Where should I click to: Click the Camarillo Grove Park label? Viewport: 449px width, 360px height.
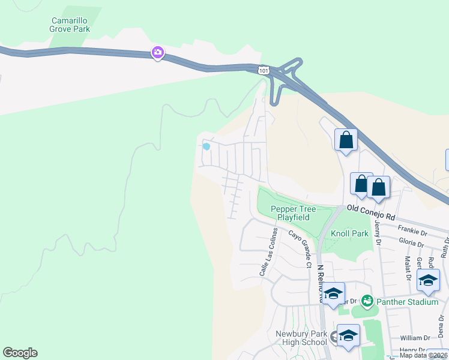pos(70,23)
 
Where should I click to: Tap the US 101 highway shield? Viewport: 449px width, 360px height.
pos(263,70)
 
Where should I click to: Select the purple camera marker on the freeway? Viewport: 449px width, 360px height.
pos(157,53)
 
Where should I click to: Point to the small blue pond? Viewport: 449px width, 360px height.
pos(206,146)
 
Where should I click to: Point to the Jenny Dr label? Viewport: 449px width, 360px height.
pos(378,230)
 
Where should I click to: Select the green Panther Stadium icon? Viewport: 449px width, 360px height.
pos(366,301)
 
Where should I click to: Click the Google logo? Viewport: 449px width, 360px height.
pos(20,353)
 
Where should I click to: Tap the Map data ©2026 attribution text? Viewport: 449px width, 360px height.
pos(423,355)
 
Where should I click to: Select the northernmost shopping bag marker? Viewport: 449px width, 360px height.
pos(346,140)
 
